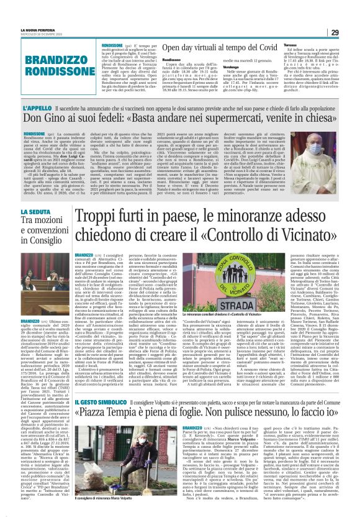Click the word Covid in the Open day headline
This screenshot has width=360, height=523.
click(x=261, y=48)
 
